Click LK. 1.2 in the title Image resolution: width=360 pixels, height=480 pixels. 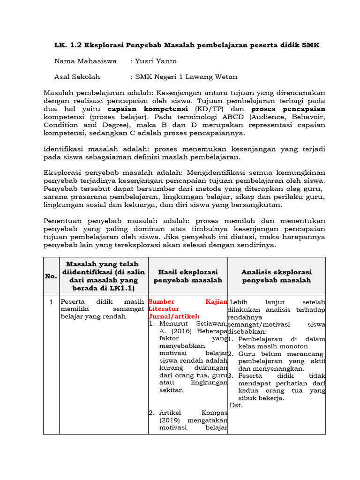coord(68,45)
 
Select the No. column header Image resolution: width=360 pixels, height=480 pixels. coord(51,276)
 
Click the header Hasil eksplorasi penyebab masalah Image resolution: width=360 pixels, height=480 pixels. coord(187,276)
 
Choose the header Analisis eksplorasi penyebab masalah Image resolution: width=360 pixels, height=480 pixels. coord(276,276)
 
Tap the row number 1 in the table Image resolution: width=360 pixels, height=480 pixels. coord(51,302)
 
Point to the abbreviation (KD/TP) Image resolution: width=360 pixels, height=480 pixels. coord(203,109)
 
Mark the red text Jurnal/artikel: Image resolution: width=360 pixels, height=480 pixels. coord(173,316)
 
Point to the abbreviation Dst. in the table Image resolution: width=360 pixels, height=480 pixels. coord(236,405)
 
